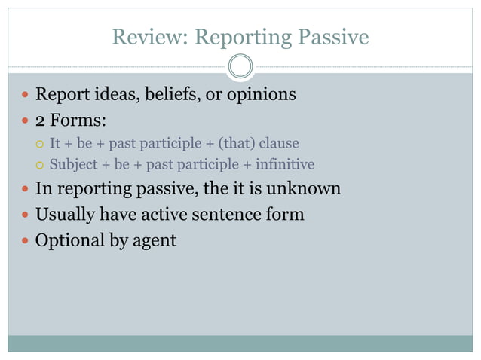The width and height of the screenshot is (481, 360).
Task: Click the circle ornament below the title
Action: [x=240, y=67]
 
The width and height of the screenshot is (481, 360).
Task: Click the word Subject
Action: [x=71, y=164]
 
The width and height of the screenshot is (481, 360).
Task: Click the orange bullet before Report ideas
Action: [x=26, y=96]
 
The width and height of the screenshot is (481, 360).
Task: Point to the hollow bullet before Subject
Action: [x=41, y=165]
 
